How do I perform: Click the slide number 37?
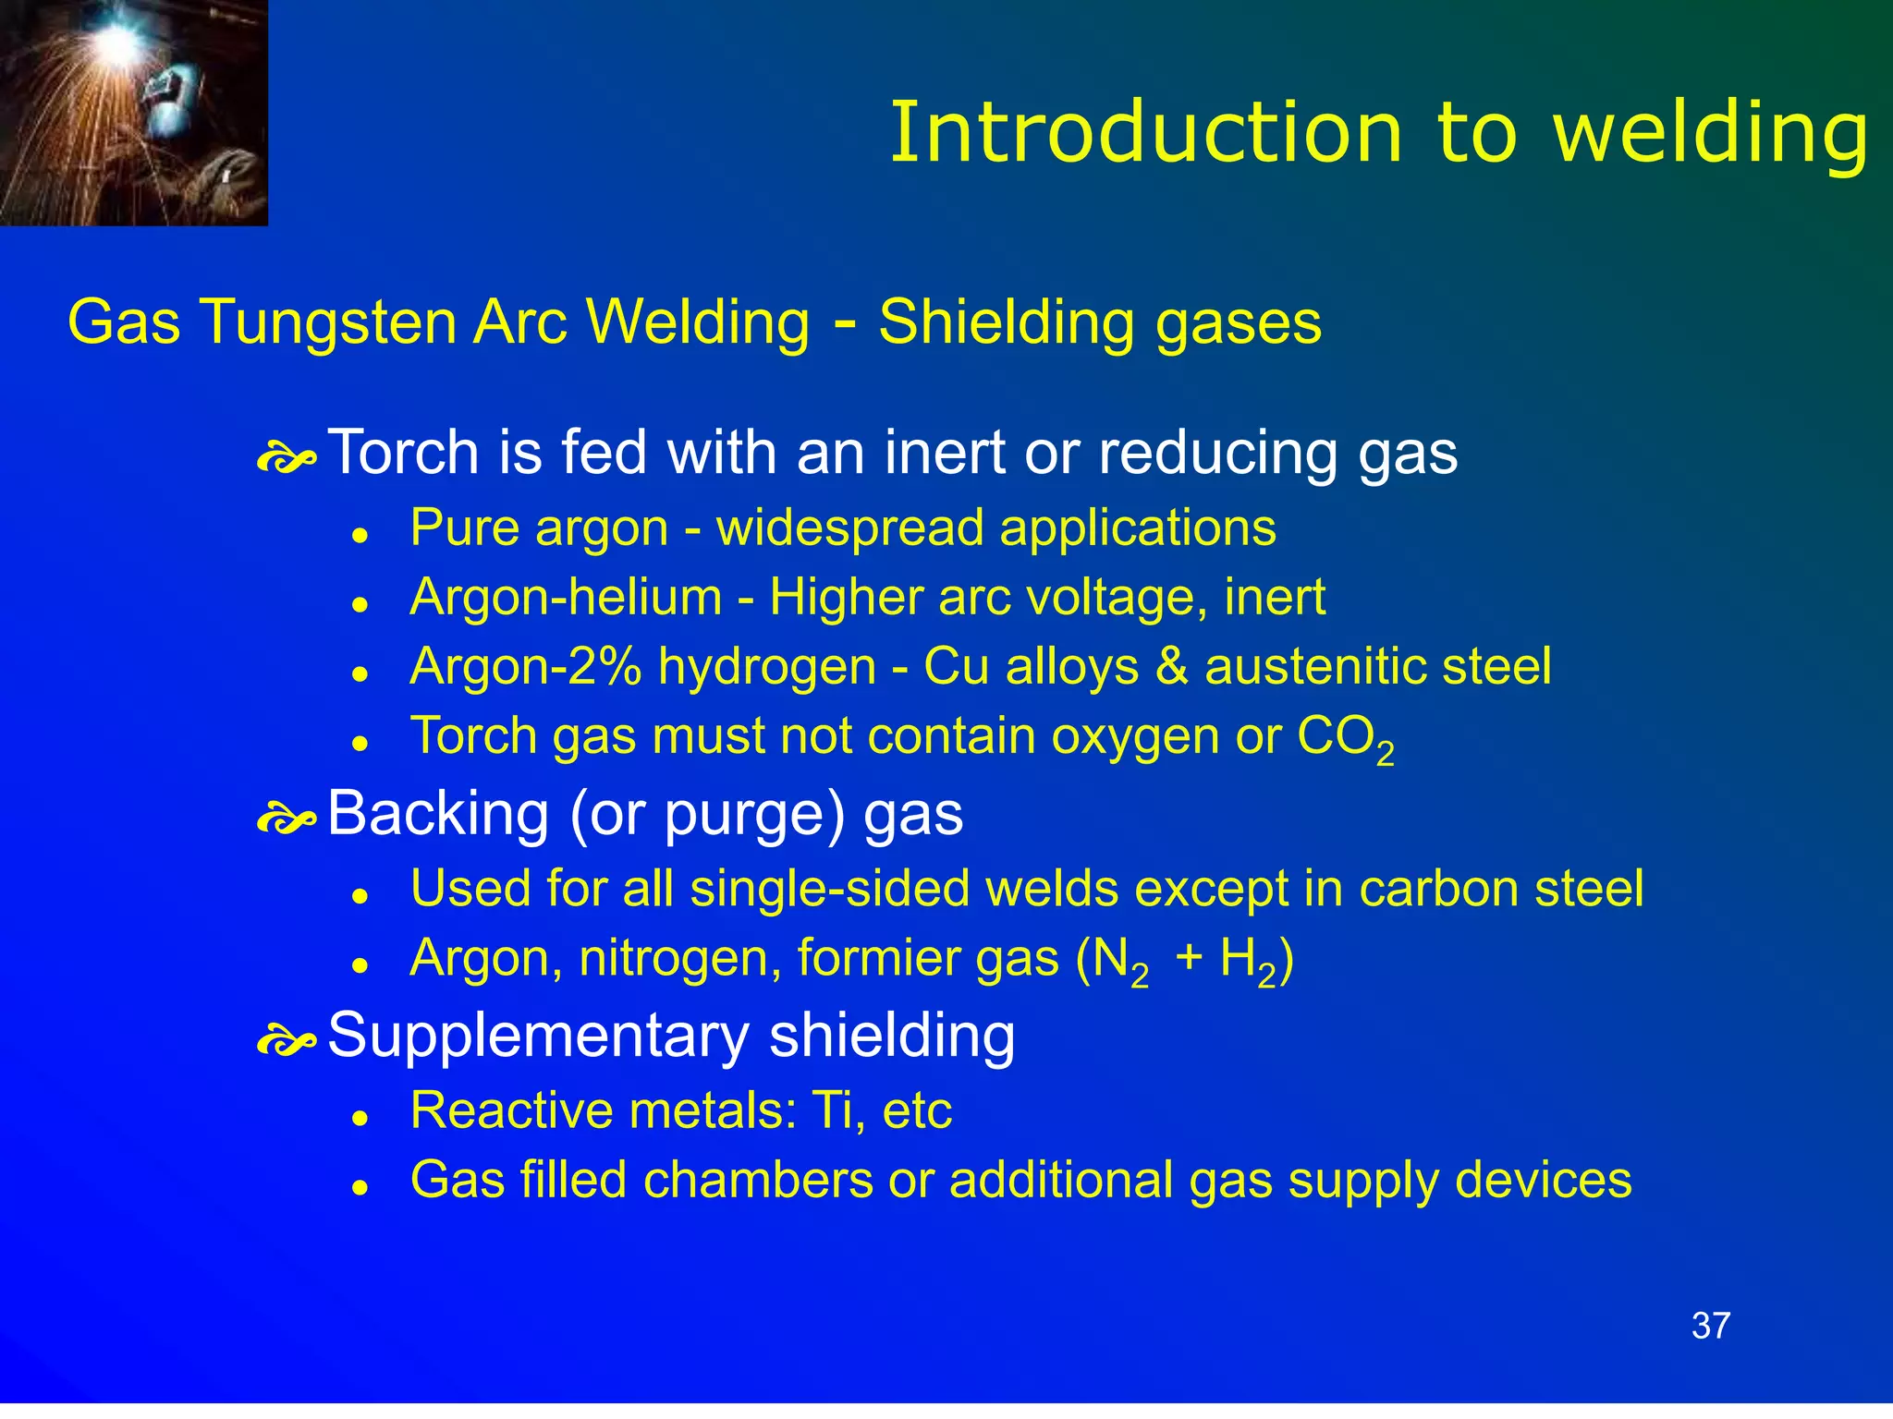tap(1710, 1326)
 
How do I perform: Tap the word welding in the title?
tap(1711, 134)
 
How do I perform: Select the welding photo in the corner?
tap(133, 112)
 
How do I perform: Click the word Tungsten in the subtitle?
tap(329, 322)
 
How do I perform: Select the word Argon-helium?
tap(566, 598)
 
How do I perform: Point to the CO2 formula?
tap(1345, 739)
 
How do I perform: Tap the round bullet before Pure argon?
tap(361, 536)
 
